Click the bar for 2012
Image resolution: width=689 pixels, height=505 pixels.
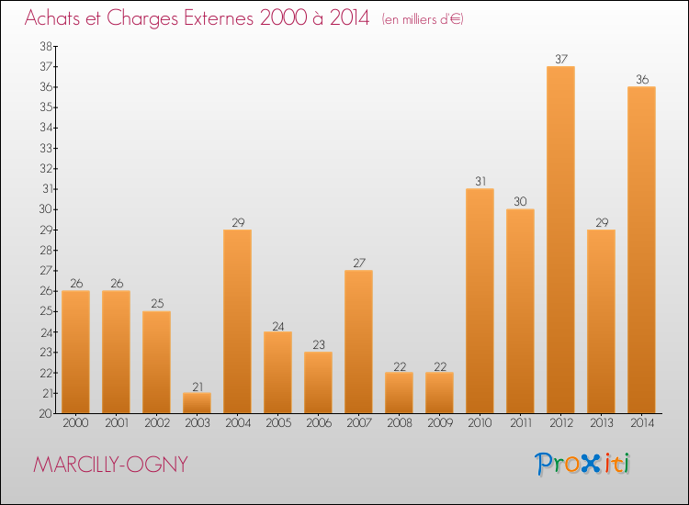point(560,240)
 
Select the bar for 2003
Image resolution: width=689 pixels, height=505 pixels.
point(197,403)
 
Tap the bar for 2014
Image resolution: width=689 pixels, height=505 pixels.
point(641,250)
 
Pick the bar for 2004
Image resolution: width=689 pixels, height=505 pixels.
point(237,321)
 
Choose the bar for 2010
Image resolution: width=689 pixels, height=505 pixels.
point(480,301)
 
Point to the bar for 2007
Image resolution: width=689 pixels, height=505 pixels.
point(358,342)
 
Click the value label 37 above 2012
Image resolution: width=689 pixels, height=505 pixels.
point(560,60)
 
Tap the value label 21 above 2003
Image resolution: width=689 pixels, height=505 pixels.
point(197,386)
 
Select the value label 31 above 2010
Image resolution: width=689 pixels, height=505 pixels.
point(480,182)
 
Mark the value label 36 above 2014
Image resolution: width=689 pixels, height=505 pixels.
point(641,80)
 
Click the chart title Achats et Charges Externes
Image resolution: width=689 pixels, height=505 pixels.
point(197,18)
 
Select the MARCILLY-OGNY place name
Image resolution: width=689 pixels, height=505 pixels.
point(109,465)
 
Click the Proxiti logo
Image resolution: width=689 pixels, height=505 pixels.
point(583,464)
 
